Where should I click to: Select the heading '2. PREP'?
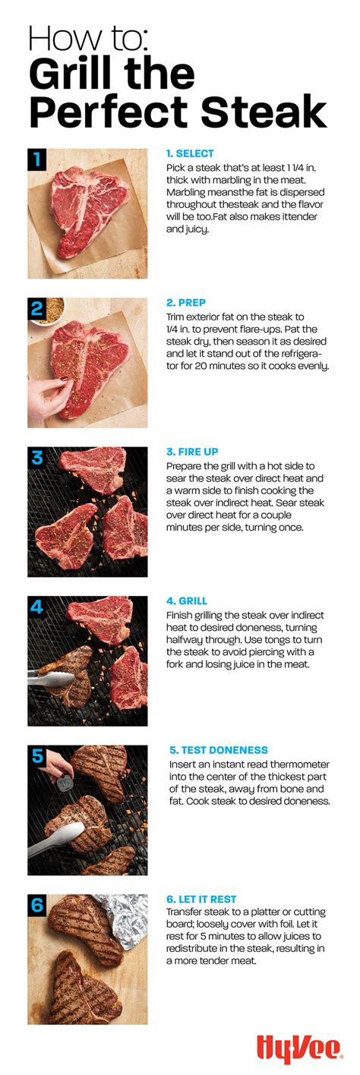(x=186, y=303)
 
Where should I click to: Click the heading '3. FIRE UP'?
(x=192, y=452)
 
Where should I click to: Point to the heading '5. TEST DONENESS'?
(x=219, y=750)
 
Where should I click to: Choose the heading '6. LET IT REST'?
(x=201, y=900)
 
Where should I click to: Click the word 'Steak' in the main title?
(x=264, y=113)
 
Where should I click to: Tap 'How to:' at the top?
(x=88, y=39)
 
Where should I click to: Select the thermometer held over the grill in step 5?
(x=65, y=783)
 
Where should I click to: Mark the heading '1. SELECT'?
(x=190, y=153)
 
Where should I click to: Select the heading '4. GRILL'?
(x=187, y=601)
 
